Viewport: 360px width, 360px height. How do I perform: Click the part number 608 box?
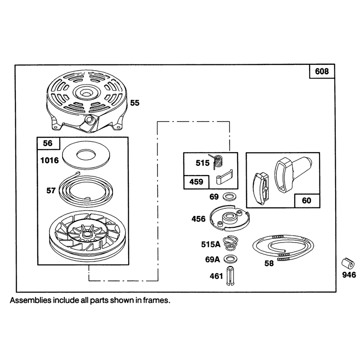pos(322,72)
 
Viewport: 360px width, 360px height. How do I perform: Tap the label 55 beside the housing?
pos(135,103)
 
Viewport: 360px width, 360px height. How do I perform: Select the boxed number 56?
pos(48,143)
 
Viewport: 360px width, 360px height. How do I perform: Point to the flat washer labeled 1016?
pos(86,155)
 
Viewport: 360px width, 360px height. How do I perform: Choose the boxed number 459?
pos(196,182)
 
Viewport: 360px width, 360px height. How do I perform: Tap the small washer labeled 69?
pos(230,197)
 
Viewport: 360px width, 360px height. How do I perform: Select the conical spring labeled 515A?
pos(230,243)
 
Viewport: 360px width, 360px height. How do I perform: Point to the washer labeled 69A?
pos(230,259)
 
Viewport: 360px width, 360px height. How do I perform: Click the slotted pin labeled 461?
pos(230,276)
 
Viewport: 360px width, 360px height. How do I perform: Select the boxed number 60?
pos(306,200)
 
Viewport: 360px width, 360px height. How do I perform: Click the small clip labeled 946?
pos(348,263)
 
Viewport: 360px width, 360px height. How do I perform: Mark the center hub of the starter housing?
pos(86,92)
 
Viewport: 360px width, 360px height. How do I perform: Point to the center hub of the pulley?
pos(86,234)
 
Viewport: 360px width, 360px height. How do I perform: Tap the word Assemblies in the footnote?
pos(31,300)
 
